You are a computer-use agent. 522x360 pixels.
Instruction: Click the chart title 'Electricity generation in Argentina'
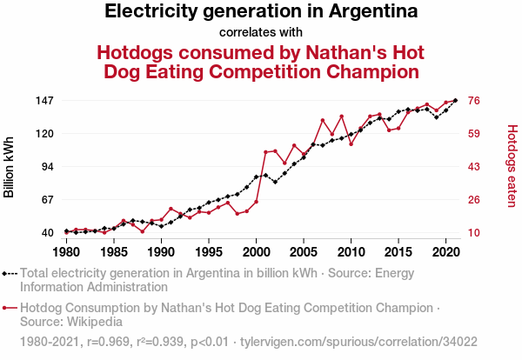coord(261,12)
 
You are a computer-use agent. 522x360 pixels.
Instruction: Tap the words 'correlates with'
coord(261,33)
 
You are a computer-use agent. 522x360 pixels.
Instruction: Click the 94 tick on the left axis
coord(47,167)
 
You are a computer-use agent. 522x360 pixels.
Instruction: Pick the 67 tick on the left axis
coord(47,200)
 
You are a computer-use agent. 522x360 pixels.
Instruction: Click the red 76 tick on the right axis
coord(476,101)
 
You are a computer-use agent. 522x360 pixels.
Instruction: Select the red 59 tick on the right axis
coord(476,134)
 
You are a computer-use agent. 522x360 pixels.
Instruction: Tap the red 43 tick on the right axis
coord(476,167)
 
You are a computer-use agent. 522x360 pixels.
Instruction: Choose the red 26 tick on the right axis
coord(476,200)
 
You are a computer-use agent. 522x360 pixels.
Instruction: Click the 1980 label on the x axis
coord(66,252)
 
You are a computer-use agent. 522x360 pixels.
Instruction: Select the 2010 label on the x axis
coord(351,252)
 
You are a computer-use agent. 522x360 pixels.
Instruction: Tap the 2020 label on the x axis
coord(445,252)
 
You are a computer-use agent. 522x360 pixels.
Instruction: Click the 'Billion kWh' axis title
coord(10,167)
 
